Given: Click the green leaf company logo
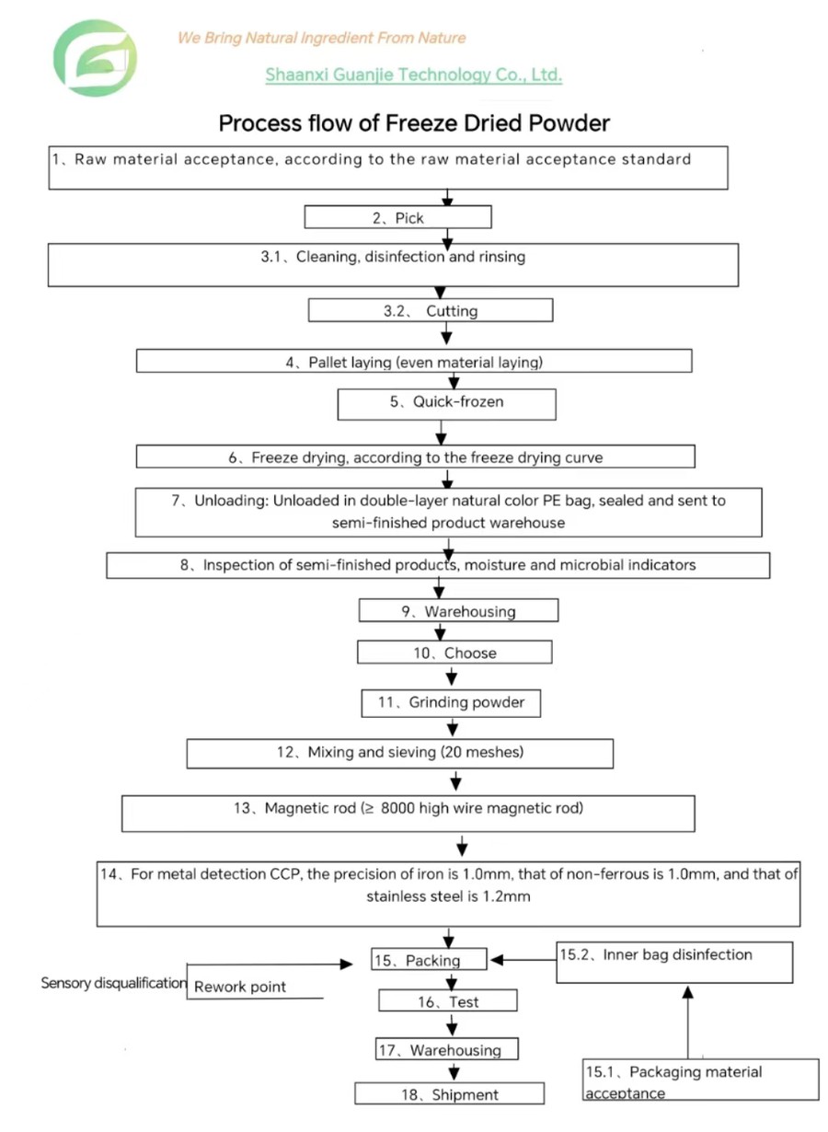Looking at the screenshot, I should click(x=95, y=58).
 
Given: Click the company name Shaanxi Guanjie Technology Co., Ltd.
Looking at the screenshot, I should click(x=413, y=75).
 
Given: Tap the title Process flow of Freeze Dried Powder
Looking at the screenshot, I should click(x=414, y=122).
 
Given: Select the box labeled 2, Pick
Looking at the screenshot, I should click(x=397, y=217).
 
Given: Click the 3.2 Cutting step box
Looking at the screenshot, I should click(x=431, y=311).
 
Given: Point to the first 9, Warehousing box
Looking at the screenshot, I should click(x=458, y=611).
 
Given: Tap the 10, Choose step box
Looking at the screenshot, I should click(x=454, y=653).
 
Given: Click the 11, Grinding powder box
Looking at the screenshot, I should click(x=451, y=702).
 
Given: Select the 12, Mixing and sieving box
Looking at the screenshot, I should click(x=399, y=753).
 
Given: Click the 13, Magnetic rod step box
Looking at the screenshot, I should click(x=408, y=809).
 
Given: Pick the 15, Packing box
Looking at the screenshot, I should click(x=429, y=960).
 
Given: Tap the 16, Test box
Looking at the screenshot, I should click(x=448, y=1001).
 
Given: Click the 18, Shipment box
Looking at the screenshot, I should click(x=450, y=1094).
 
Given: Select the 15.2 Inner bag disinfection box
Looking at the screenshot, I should click(x=674, y=963).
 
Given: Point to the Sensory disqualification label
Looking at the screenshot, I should click(x=113, y=983).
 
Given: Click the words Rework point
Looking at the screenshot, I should click(x=240, y=987).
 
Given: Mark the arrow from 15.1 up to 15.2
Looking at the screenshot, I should click(x=687, y=1022).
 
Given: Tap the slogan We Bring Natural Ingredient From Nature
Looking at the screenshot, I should click(x=321, y=38).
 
